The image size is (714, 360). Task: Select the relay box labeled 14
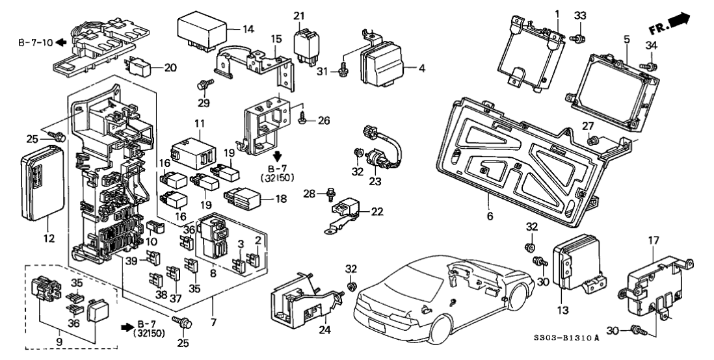[x=201, y=30]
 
